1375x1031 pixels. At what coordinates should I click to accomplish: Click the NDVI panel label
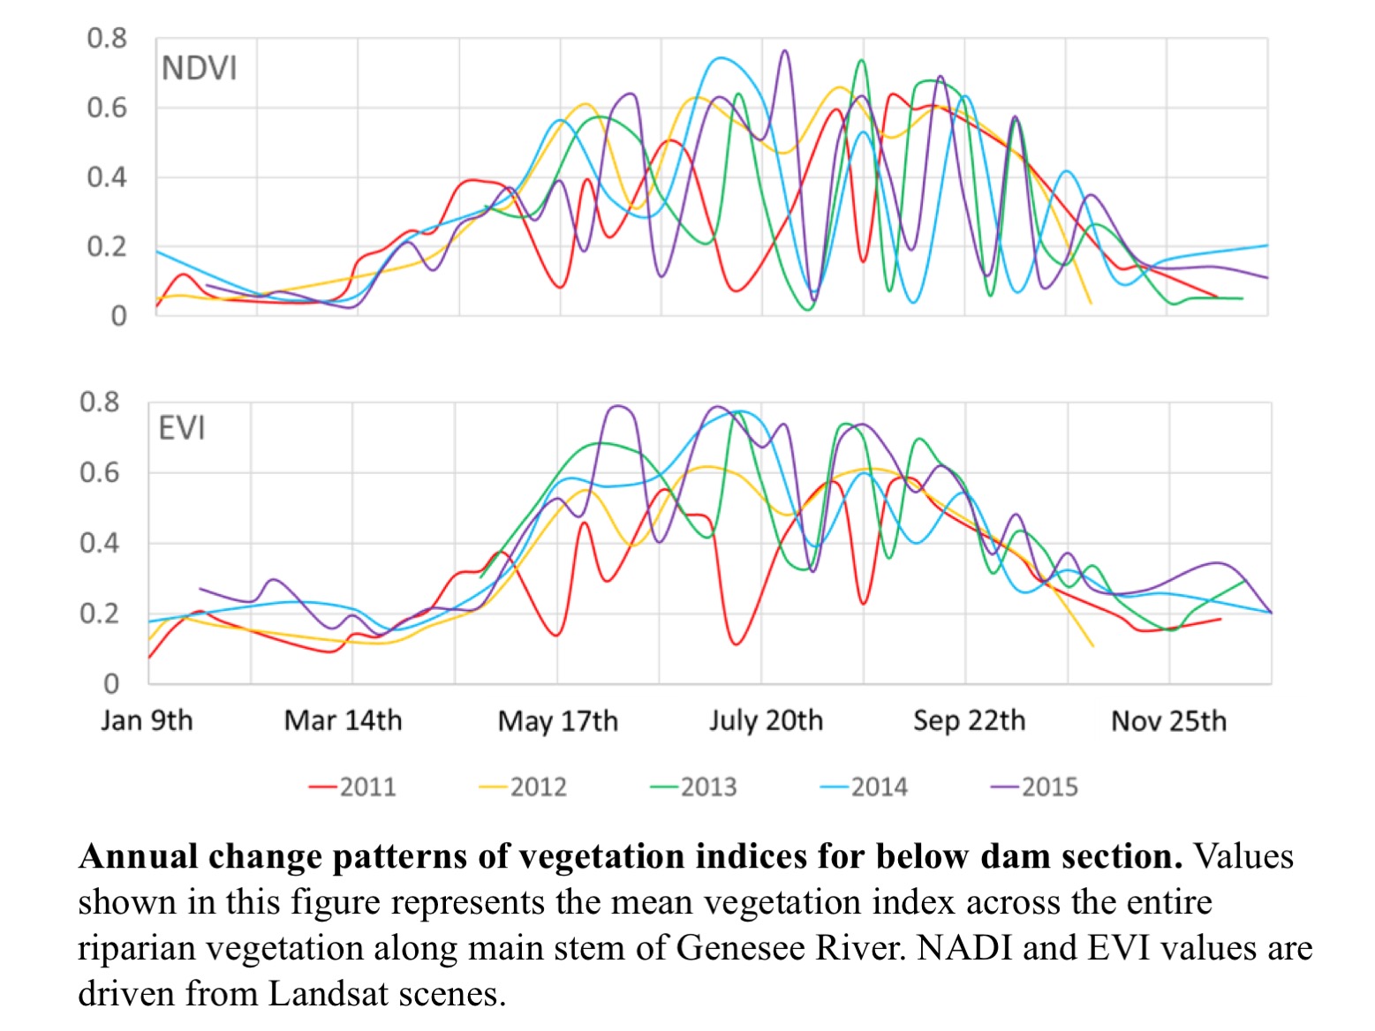(x=199, y=69)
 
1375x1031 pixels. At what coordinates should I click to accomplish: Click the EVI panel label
(x=181, y=429)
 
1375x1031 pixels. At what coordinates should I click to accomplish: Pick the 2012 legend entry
(x=524, y=786)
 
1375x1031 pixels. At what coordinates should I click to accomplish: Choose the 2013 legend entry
(x=694, y=786)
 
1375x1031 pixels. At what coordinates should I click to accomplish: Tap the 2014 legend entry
(x=865, y=786)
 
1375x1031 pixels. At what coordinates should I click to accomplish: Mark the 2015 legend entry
(x=1035, y=786)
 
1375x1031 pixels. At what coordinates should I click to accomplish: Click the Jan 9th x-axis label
(x=147, y=720)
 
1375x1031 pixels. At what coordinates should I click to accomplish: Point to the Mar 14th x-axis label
(x=343, y=720)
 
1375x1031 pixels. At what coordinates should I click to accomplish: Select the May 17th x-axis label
(x=558, y=721)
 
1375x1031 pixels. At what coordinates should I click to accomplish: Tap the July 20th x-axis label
(x=766, y=720)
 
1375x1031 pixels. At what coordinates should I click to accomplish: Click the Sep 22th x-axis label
(x=970, y=720)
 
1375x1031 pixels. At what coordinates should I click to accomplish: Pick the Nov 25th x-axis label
(x=1169, y=721)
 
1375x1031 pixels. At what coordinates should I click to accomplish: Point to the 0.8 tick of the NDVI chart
(x=107, y=39)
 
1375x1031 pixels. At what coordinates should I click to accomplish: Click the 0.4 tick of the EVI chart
(x=100, y=543)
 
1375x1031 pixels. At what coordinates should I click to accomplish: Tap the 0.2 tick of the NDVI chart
(x=107, y=247)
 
